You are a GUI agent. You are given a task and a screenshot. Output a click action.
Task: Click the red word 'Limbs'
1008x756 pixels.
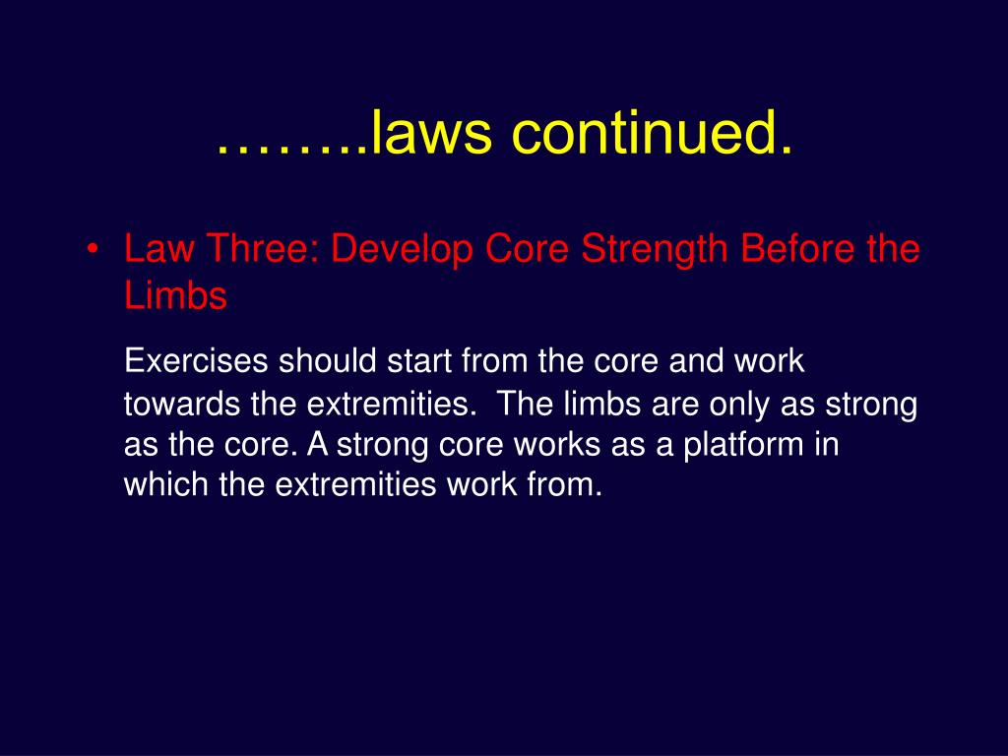[x=175, y=295]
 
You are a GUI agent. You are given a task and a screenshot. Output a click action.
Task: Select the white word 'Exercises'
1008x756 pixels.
[x=196, y=361]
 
